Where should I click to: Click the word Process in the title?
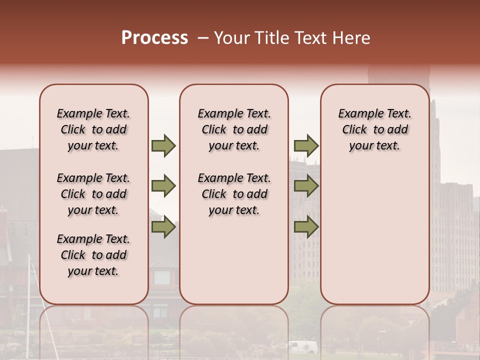(154, 38)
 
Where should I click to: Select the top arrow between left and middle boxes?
(163, 145)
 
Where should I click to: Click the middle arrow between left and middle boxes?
(163, 186)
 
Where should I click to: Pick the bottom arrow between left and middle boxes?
(163, 227)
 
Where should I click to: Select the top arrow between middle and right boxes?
(306, 145)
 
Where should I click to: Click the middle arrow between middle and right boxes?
(306, 186)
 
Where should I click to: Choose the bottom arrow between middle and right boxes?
(306, 227)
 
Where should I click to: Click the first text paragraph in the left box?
(93, 129)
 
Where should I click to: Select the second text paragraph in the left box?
(93, 194)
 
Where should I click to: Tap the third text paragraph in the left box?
(93, 255)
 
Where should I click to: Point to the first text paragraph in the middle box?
(234, 129)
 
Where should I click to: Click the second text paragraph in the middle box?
(234, 194)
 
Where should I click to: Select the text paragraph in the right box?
(374, 129)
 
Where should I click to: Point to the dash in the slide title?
(203, 38)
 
